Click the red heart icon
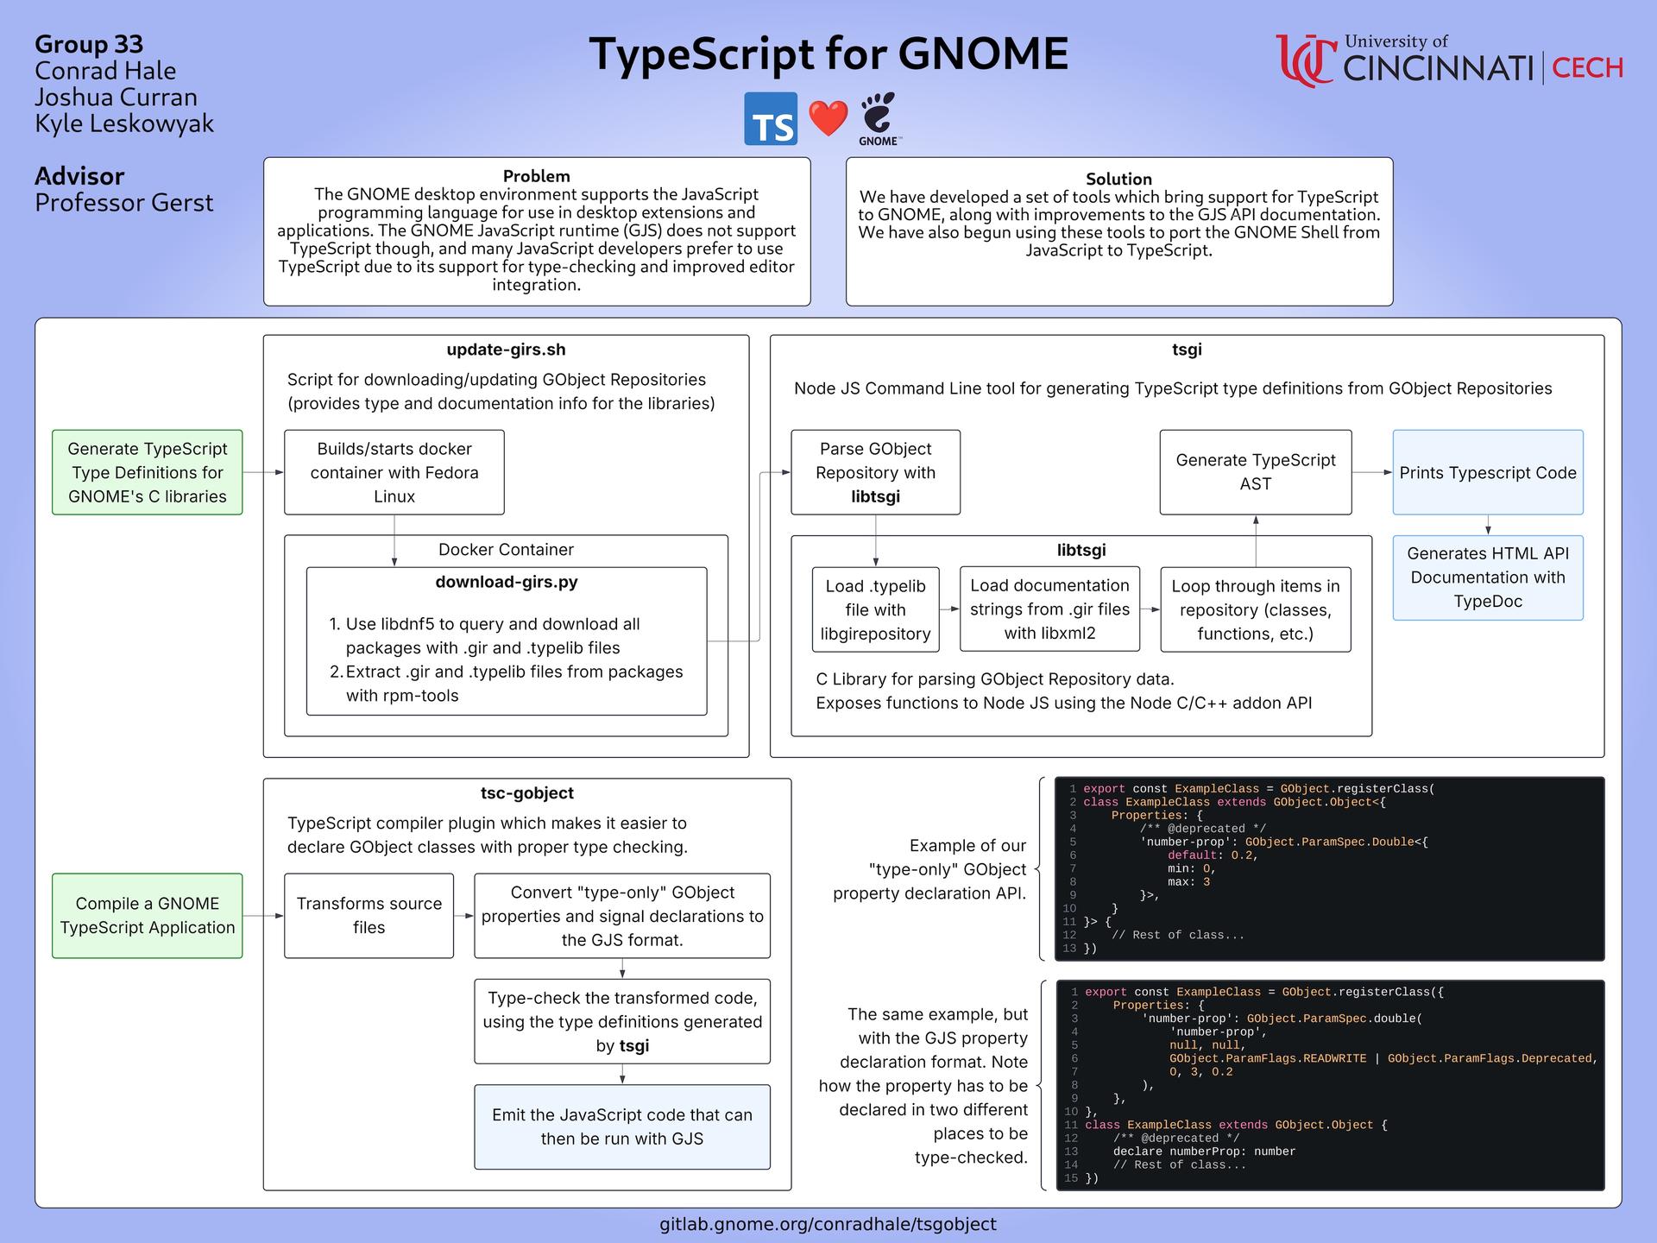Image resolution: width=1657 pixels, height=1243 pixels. pyautogui.click(x=828, y=118)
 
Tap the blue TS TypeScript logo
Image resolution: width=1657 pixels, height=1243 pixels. pyautogui.click(x=771, y=118)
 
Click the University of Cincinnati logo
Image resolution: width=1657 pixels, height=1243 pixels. pyautogui.click(x=1449, y=60)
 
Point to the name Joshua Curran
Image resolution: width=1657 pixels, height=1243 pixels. pyautogui.click(x=116, y=98)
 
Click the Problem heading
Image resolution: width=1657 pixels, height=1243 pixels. pyautogui.click(x=537, y=176)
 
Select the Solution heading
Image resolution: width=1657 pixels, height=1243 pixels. pyautogui.click(x=1118, y=179)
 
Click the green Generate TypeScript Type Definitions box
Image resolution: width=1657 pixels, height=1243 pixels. pyautogui.click(x=148, y=472)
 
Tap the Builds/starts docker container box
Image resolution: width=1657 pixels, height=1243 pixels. pyautogui.click(x=394, y=472)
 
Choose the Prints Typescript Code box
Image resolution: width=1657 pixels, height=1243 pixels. pyautogui.click(x=1488, y=472)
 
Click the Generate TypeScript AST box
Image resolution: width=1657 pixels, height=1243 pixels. pyautogui.click(x=1256, y=472)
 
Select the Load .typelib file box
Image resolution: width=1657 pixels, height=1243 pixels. pyautogui.click(x=875, y=609)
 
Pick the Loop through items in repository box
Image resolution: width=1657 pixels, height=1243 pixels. pyautogui.click(x=1256, y=609)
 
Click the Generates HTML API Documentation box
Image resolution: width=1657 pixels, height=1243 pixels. pyautogui.click(x=1488, y=577)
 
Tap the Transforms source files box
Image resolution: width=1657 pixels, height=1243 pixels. pyautogui.click(x=369, y=915)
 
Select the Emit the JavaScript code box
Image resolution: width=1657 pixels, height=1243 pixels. pyautogui.click(x=622, y=1126)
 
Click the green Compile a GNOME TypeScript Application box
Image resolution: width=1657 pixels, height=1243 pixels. pyautogui.click(x=148, y=915)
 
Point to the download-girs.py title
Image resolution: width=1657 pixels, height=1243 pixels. pyautogui.click(x=507, y=582)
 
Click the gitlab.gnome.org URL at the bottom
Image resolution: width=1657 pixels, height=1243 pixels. pyautogui.click(x=828, y=1224)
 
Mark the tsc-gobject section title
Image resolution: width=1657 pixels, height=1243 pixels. pyautogui.click(x=526, y=793)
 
